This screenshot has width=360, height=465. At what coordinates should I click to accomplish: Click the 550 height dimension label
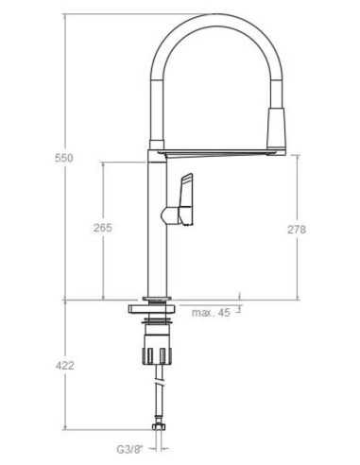[x=64, y=158]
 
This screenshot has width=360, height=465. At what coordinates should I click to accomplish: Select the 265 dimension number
[x=103, y=228]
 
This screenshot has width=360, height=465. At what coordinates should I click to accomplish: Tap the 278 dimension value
[x=297, y=230]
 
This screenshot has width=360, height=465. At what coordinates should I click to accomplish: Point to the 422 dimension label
[x=65, y=366]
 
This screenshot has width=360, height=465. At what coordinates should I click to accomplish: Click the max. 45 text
[x=211, y=312]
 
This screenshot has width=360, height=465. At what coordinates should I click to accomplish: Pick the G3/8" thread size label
[x=129, y=449]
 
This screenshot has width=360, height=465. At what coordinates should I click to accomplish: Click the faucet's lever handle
[x=186, y=199]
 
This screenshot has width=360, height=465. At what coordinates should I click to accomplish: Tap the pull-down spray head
[x=276, y=129]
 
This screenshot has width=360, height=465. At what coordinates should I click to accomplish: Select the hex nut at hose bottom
[x=158, y=427]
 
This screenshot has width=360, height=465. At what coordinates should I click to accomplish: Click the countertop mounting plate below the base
[x=151, y=309]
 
